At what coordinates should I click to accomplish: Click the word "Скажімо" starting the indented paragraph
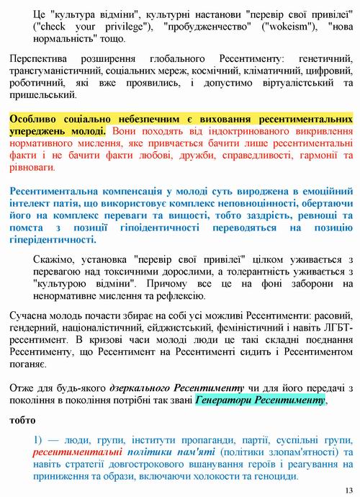55,259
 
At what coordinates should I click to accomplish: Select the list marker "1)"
40,440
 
